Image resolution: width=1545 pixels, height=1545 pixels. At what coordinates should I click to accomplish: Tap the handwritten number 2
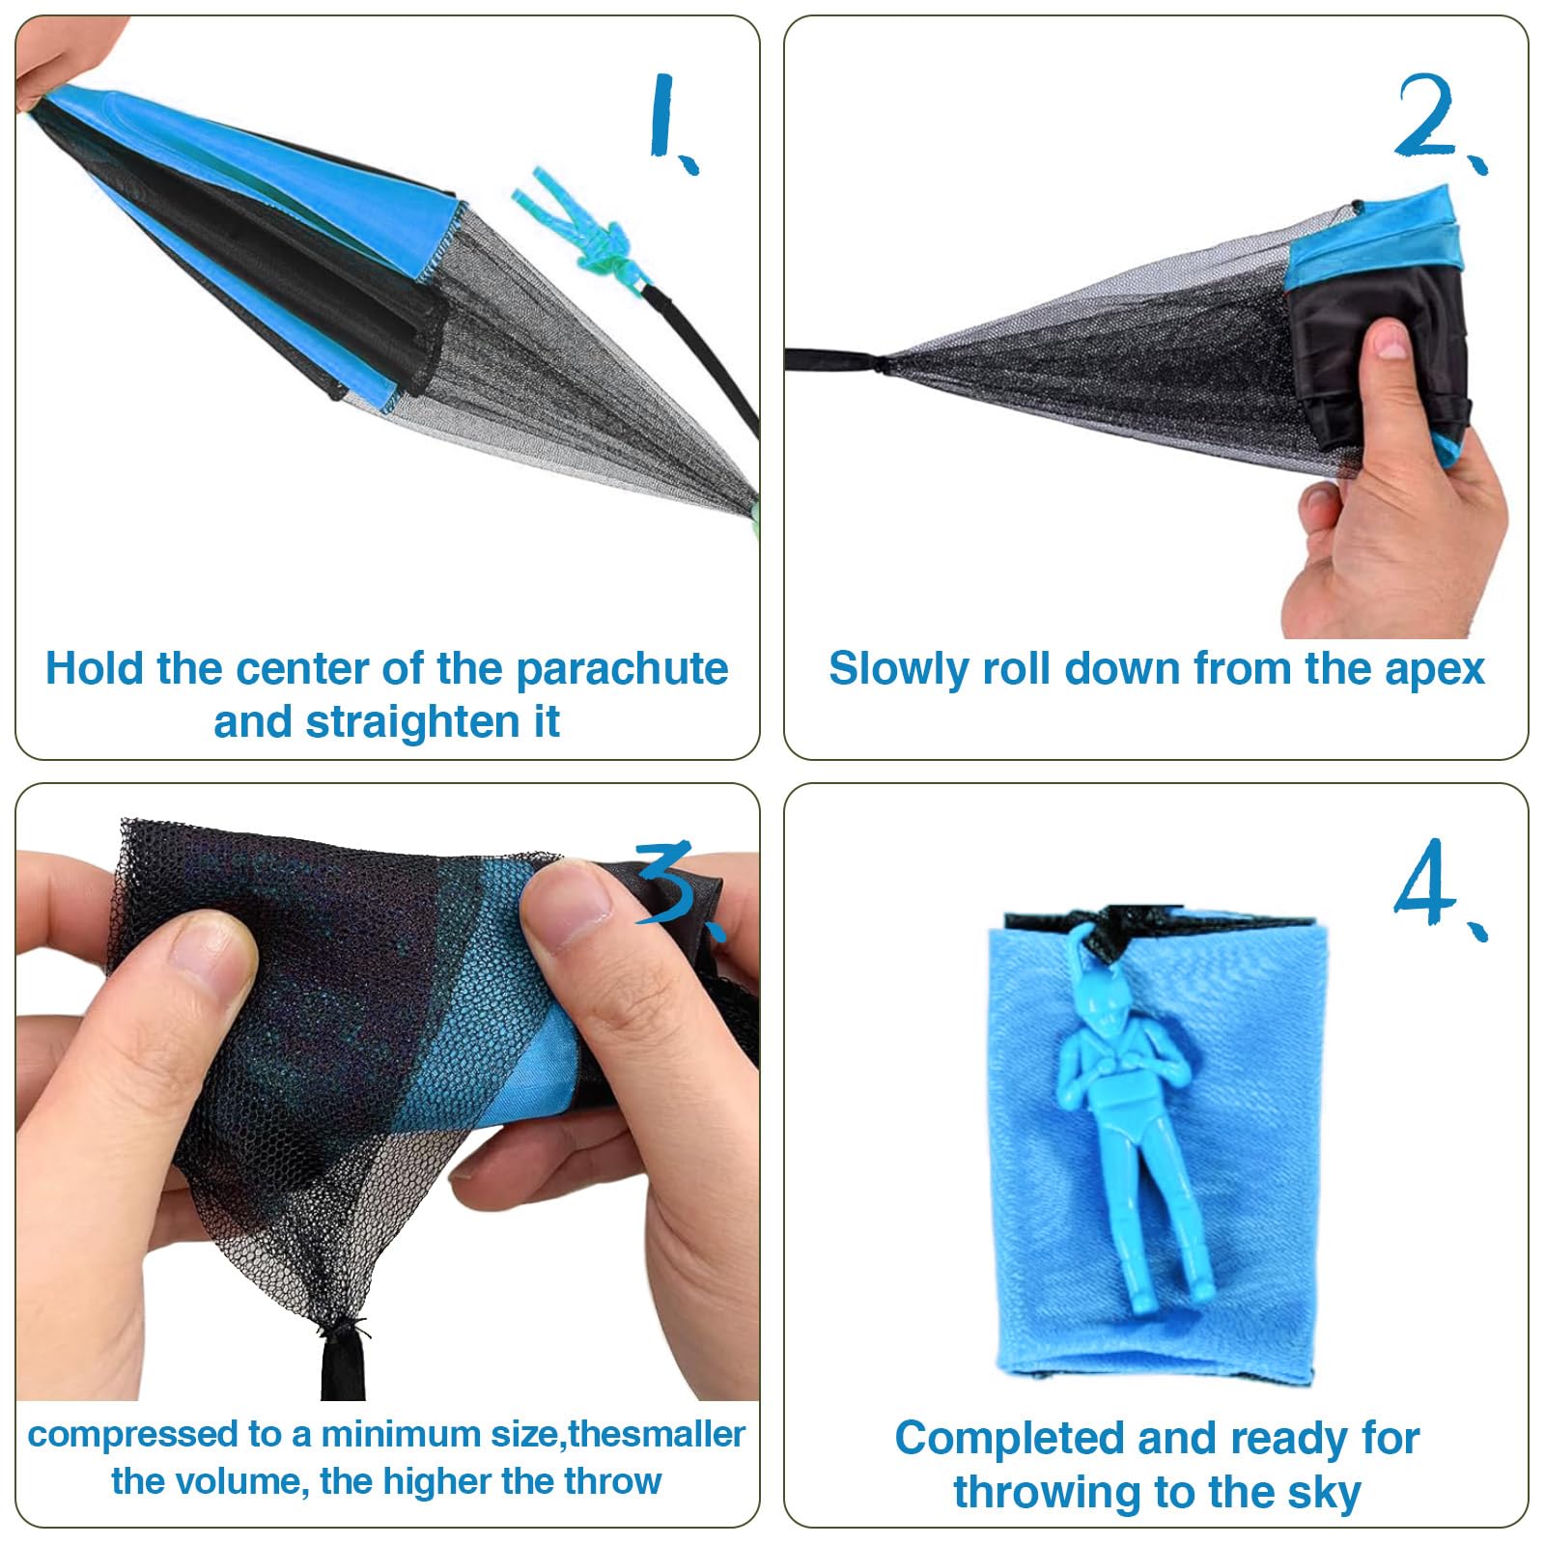click(1439, 121)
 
